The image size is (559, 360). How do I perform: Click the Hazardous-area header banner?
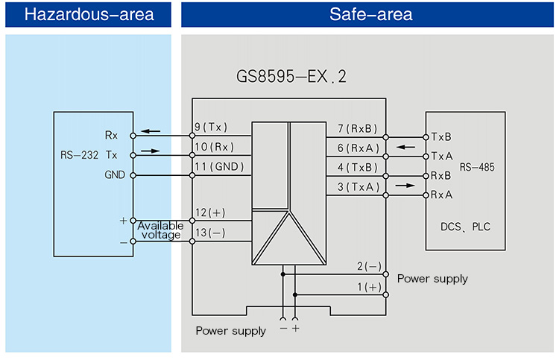89,15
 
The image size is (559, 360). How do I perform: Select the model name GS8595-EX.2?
291,77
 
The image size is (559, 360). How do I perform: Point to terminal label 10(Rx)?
215,147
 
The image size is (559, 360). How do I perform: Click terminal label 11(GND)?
219,167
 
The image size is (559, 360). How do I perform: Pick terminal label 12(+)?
209,212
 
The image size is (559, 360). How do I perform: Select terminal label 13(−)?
209,233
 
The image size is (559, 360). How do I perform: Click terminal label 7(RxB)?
358,127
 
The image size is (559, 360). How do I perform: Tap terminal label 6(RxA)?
358,147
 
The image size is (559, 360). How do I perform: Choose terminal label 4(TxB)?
358,167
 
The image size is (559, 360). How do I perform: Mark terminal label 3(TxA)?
358,186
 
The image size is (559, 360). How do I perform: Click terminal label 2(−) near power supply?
368,266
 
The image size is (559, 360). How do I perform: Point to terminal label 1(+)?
368,286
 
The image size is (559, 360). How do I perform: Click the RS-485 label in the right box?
477,167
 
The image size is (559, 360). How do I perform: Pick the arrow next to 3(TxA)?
405,185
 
